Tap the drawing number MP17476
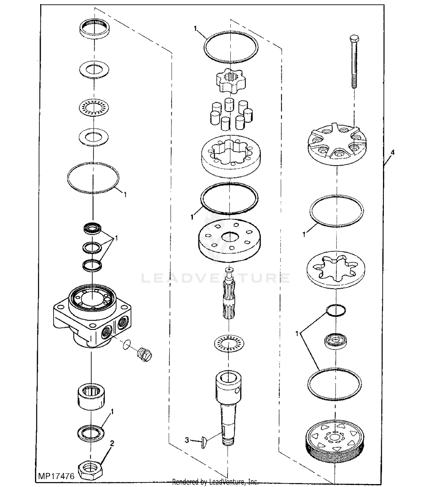point(56,476)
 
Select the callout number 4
point(392,152)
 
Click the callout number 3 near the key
point(187,440)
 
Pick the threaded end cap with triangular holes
point(335,439)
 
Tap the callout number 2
point(112,444)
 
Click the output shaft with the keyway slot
point(229,408)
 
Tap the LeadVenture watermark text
point(215,278)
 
